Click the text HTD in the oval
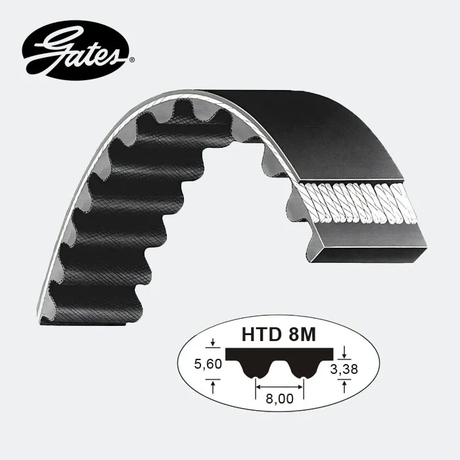[259, 335]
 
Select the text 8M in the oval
[300, 335]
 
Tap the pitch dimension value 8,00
[279, 398]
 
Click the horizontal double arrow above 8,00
[279, 386]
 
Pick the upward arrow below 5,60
[213, 387]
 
